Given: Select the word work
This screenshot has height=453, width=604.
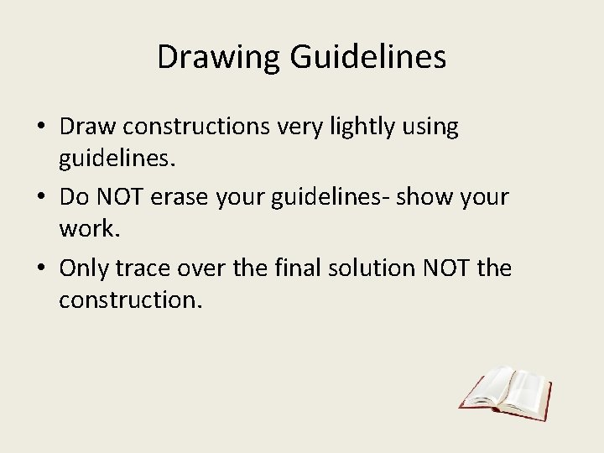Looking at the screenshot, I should tap(81, 228).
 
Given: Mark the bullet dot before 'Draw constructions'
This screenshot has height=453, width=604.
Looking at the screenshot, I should tap(40, 128).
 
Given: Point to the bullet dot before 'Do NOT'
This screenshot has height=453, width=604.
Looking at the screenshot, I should tap(40, 199).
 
